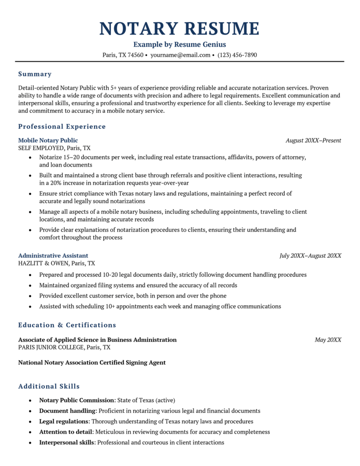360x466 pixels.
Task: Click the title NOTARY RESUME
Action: click(x=179, y=29)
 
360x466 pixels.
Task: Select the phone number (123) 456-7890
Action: click(x=237, y=55)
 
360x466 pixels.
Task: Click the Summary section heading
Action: click(x=35, y=74)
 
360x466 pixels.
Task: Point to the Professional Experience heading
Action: click(x=62, y=127)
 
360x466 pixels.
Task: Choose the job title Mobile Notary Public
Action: click(x=48, y=140)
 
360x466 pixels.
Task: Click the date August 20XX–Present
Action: click(x=313, y=140)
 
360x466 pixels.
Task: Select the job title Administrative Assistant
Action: click(x=53, y=255)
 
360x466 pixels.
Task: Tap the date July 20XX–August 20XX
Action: click(x=310, y=255)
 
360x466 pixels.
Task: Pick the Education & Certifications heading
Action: click(x=67, y=325)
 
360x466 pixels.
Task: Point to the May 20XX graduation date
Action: click(x=328, y=339)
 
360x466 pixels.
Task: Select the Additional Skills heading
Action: click(x=49, y=386)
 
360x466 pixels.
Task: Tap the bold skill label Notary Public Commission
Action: click(x=76, y=400)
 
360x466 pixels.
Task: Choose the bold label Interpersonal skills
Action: click(x=67, y=442)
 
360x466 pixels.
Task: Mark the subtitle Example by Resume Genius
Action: click(x=179, y=45)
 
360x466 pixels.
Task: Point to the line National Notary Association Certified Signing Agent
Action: click(x=92, y=363)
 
